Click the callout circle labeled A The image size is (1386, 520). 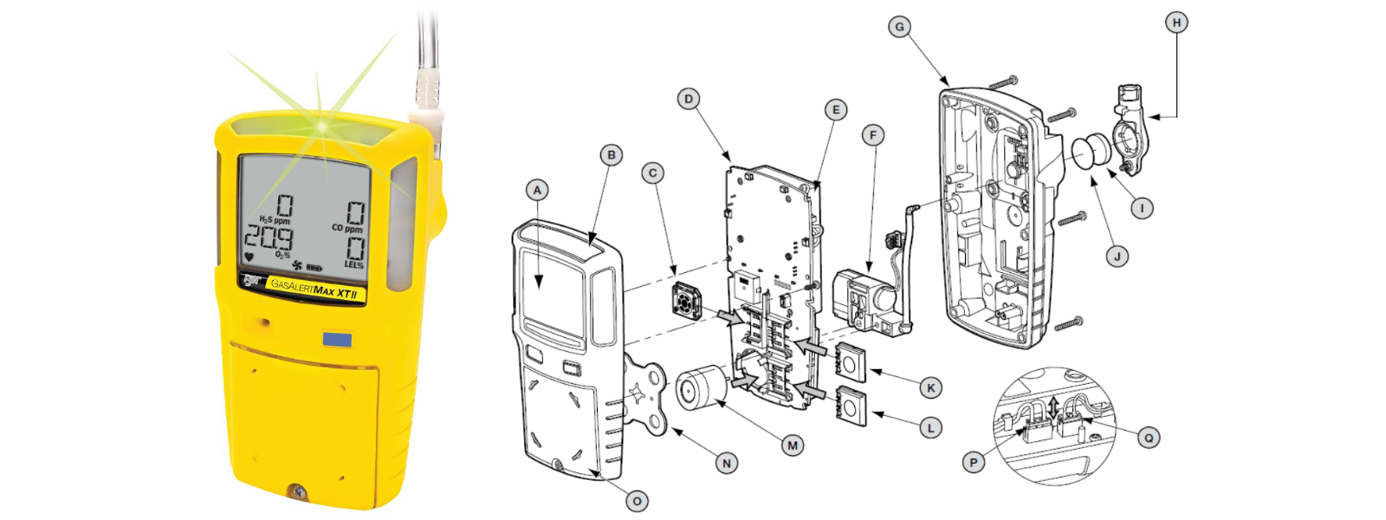pyautogui.click(x=537, y=190)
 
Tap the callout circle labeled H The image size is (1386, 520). pyautogui.click(x=1176, y=23)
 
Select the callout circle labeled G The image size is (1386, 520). pyautogui.click(x=899, y=27)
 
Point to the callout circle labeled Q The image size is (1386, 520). pyautogui.click(x=1149, y=439)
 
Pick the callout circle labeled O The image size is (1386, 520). pyautogui.click(x=637, y=501)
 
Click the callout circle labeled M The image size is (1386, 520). pyautogui.click(x=793, y=445)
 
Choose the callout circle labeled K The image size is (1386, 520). pyautogui.click(x=930, y=388)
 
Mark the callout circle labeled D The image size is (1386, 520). pyautogui.click(x=689, y=99)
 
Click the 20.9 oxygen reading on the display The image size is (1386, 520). pyautogui.click(x=269, y=237)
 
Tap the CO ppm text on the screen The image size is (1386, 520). pyautogui.click(x=347, y=229)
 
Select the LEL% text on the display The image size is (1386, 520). pyautogui.click(x=354, y=265)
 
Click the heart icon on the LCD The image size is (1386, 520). pyautogui.click(x=249, y=257)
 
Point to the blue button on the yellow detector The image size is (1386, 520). pyautogui.click(x=337, y=339)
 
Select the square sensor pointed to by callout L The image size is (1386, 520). pyautogui.click(x=851, y=406)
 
